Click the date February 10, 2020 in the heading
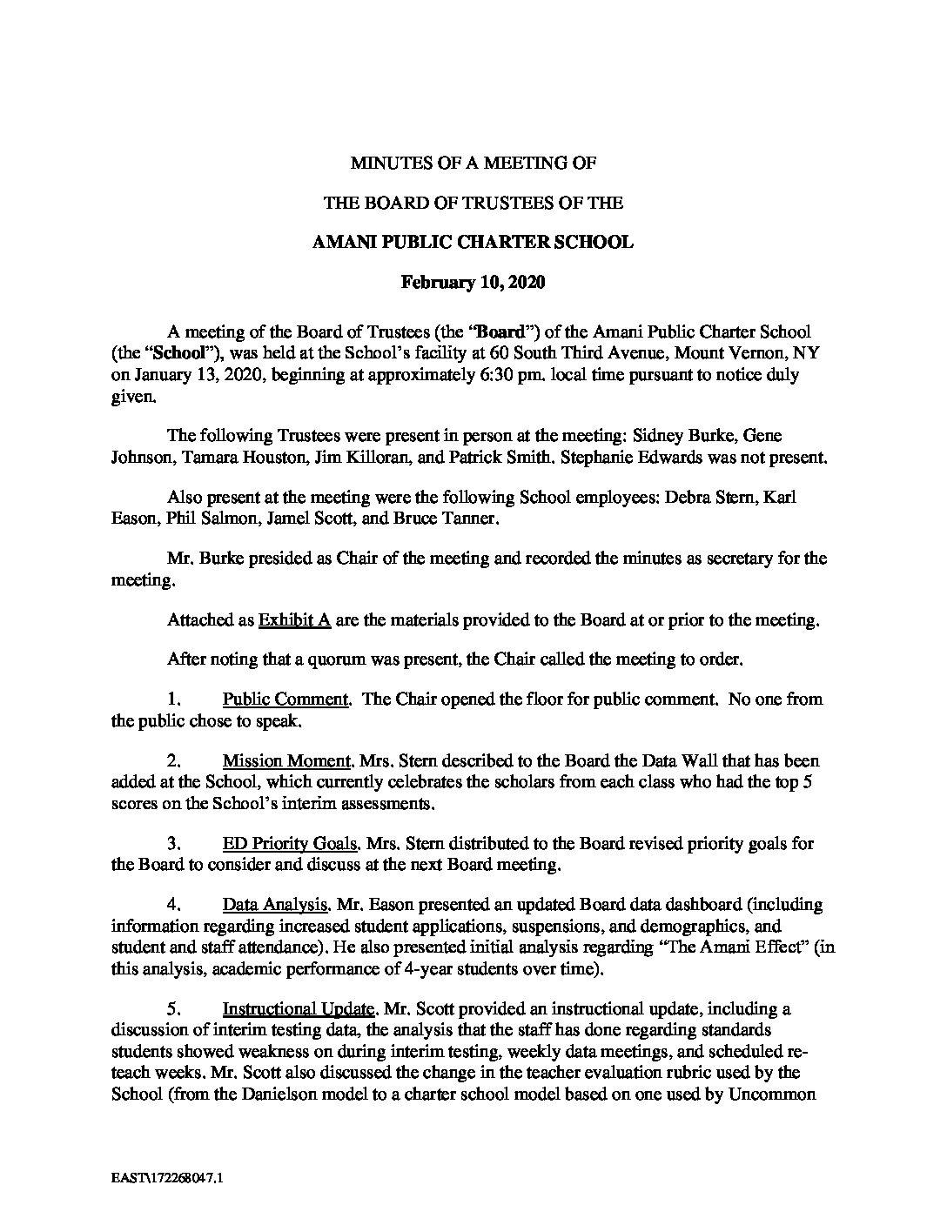click(473, 282)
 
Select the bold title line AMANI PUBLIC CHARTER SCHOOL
click(473, 243)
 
